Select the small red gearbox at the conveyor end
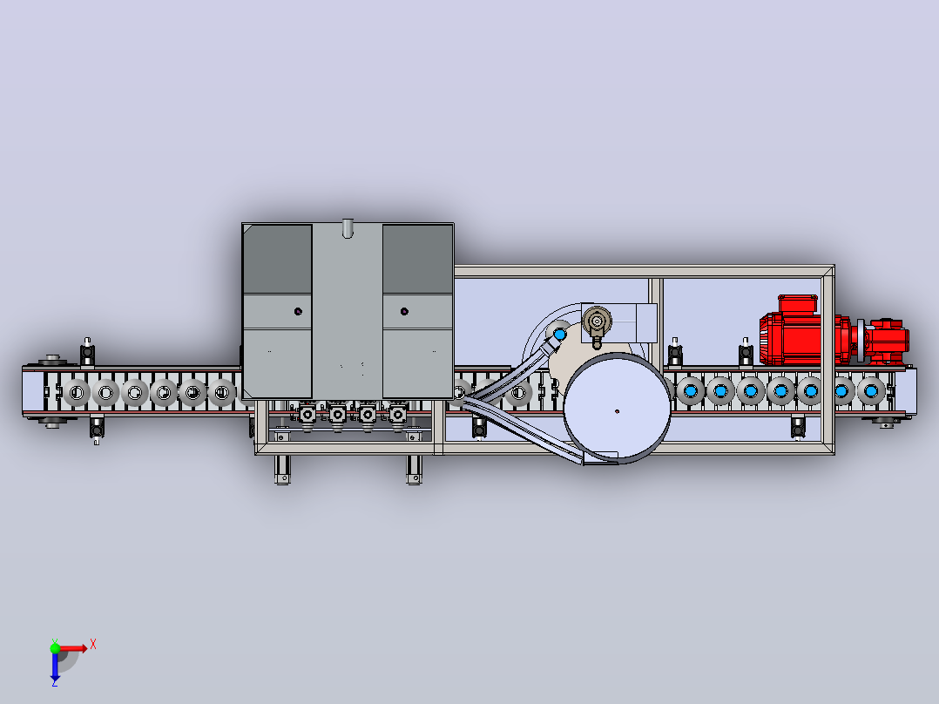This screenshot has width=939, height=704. coord(884,341)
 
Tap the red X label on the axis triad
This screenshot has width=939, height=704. coord(93,645)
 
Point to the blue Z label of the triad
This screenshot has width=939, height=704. coord(55,682)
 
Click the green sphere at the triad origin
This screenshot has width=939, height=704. coord(55,648)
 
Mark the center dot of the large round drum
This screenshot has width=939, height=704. coord(617,411)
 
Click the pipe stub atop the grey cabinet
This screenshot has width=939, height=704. coord(348,228)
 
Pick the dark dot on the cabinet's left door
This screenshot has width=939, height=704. coord(298,312)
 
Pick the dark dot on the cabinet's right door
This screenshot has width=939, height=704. coord(404,312)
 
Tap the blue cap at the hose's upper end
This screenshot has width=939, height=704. coord(560,334)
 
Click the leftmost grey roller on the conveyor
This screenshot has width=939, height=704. coord(76,393)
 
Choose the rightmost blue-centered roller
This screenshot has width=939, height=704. coord(871,391)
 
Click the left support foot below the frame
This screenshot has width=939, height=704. coord(282,470)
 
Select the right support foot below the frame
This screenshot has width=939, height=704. coord(414,470)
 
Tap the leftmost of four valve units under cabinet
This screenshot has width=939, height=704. coord(307,416)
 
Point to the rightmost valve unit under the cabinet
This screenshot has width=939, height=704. coord(397,416)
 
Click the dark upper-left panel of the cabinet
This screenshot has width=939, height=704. coord(277,259)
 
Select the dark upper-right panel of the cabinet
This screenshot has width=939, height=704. coord(417,259)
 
